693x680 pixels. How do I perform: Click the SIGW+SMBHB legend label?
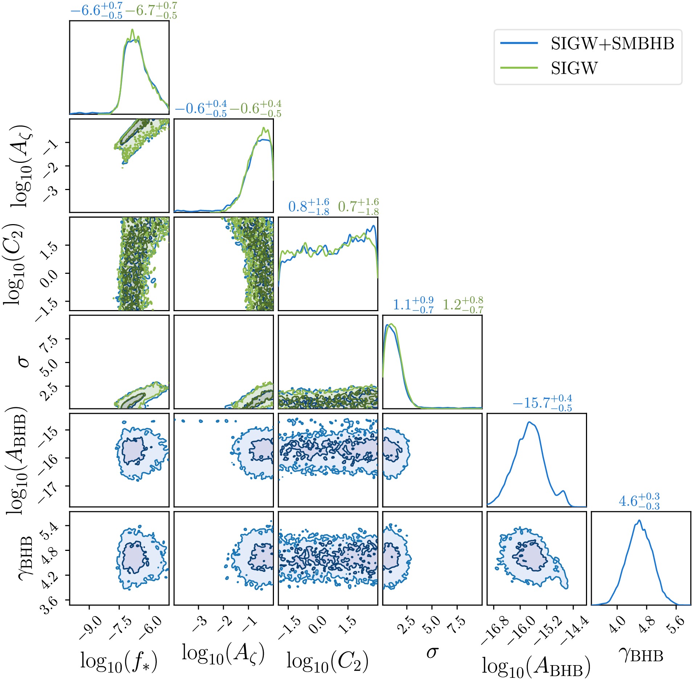pyautogui.click(x=612, y=44)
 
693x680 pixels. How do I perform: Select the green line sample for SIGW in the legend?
pyautogui.click(x=519, y=68)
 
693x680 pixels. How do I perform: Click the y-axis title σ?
pyautogui.click(x=24, y=361)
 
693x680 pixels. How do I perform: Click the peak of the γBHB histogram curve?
pyautogui.click(x=639, y=520)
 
